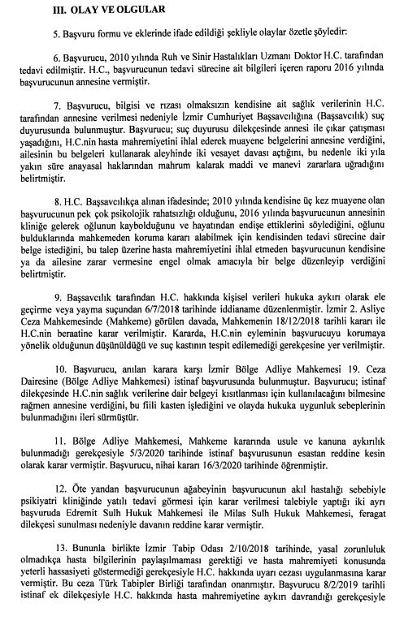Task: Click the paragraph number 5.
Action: tap(46, 38)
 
